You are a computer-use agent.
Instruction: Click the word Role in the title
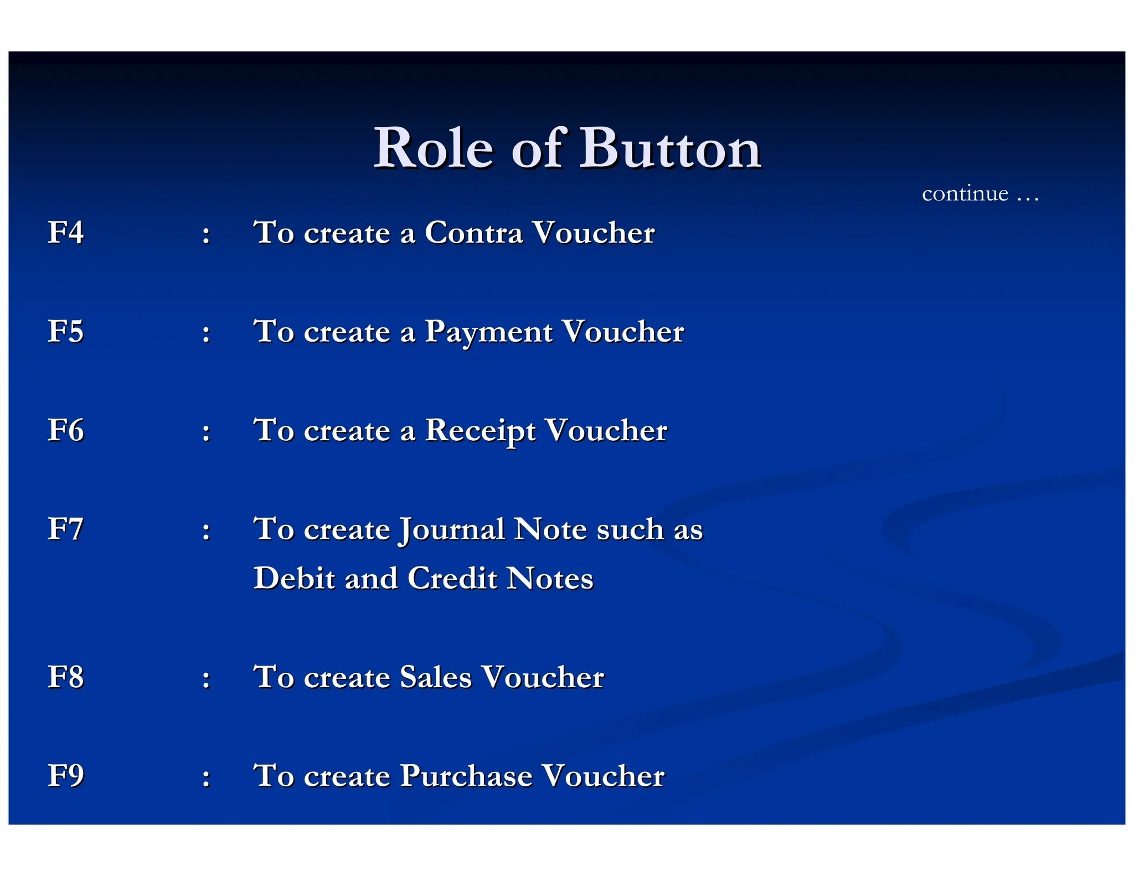pos(433,148)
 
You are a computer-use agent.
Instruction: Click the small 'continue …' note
pos(980,194)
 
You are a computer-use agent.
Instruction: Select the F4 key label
pos(65,232)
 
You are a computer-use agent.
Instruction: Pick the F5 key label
pos(65,331)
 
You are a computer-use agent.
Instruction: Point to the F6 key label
pos(65,430)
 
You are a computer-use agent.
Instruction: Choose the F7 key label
pos(65,529)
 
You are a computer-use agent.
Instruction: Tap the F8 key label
pos(65,677)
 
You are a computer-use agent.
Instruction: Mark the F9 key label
pos(65,775)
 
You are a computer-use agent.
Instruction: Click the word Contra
pos(473,232)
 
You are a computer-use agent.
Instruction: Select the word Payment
pos(488,332)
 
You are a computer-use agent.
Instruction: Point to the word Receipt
pos(480,431)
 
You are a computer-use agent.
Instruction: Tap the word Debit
pos(294,578)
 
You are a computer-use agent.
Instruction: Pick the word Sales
pos(436,677)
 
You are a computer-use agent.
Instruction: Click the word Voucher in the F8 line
pos(543,677)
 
